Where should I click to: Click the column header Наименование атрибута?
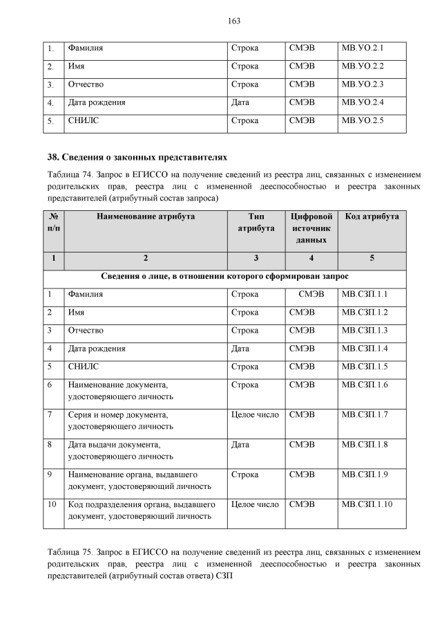146,217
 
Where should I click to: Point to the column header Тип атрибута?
255,222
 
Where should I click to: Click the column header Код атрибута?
372,217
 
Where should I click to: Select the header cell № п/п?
54,222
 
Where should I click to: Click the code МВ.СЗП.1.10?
367,504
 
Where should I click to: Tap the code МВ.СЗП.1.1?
365,294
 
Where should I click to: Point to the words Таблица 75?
69,553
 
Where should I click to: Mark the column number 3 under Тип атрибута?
256,258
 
